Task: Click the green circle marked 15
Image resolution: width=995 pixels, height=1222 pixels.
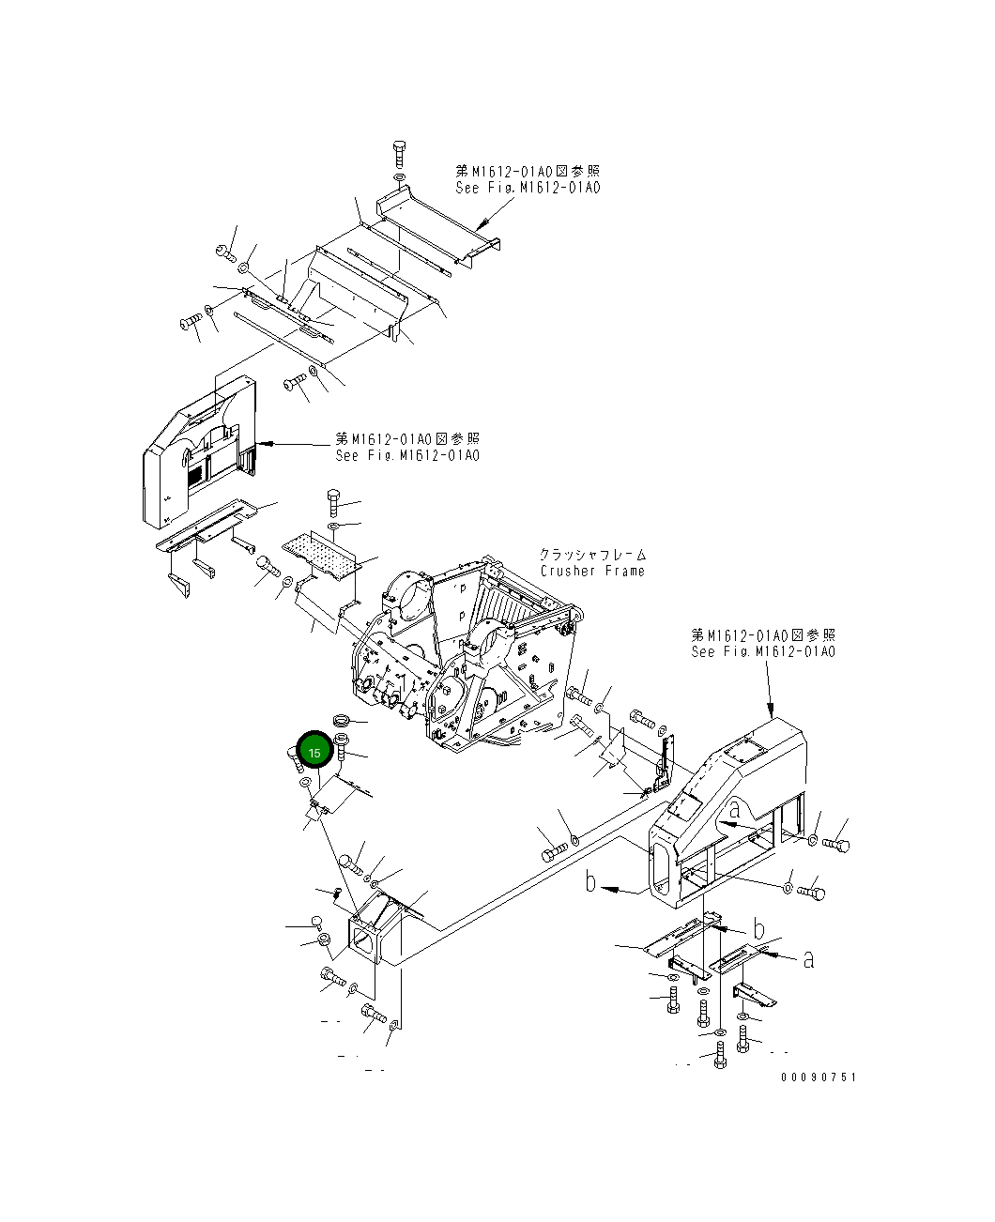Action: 314,753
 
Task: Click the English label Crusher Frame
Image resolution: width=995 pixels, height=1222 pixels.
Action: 592,571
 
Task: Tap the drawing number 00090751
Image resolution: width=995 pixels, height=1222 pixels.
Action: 818,1077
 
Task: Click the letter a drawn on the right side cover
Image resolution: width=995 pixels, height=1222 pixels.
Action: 734,808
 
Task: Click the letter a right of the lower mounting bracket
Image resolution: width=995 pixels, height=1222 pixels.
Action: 808,958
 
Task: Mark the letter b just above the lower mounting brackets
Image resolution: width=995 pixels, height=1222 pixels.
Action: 758,929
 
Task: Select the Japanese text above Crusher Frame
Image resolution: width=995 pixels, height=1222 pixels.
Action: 592,555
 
